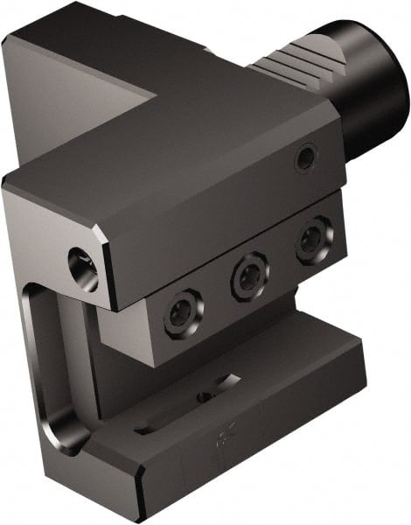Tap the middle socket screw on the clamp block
[248, 276]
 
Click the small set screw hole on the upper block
[304, 158]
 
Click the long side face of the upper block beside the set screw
[227, 210]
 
